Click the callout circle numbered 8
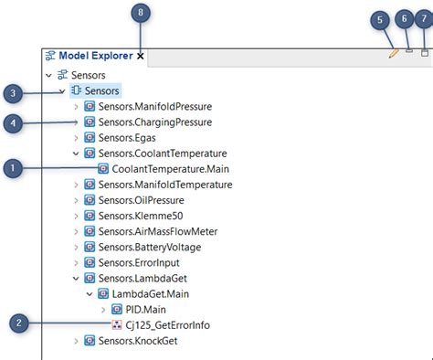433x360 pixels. pos(140,13)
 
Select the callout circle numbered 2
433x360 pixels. pos(19,323)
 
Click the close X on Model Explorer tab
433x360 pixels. pos(140,56)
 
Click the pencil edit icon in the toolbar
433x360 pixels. pos(393,54)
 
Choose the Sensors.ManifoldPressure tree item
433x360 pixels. pos(154,106)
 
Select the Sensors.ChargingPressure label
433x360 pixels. pos(154,122)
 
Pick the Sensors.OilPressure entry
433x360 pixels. pos(141,199)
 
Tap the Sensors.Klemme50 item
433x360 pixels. pos(138,215)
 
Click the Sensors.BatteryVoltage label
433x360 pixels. pos(149,247)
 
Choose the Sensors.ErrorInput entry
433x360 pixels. pos(138,262)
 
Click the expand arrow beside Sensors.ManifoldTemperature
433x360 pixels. pos(76,184)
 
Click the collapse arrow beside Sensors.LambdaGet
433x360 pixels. pos(76,278)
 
